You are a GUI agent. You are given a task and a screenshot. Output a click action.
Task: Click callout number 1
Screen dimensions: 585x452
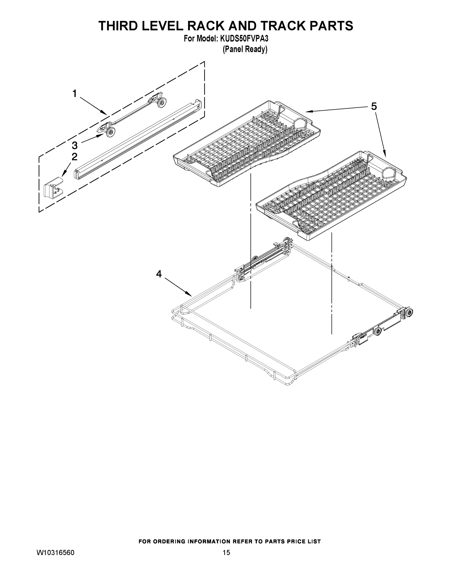click(75, 94)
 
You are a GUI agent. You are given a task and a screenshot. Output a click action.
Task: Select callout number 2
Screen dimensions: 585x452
click(75, 157)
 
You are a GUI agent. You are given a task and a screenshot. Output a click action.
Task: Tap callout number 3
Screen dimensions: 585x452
click(75, 146)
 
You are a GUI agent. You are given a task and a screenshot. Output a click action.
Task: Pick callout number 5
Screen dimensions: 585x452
click(374, 106)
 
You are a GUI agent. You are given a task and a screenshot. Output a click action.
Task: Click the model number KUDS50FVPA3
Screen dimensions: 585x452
click(244, 39)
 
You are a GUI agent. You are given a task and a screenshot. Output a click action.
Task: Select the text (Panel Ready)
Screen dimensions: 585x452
click(245, 49)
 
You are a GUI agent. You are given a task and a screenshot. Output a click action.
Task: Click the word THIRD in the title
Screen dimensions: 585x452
click(121, 26)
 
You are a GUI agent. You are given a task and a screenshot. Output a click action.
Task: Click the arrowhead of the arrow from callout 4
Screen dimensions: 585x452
click(191, 295)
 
